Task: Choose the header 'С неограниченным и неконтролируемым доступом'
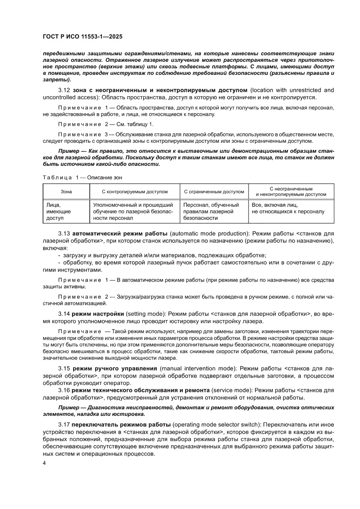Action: coord(291,192)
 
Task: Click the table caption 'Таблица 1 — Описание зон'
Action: coord(85,177)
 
